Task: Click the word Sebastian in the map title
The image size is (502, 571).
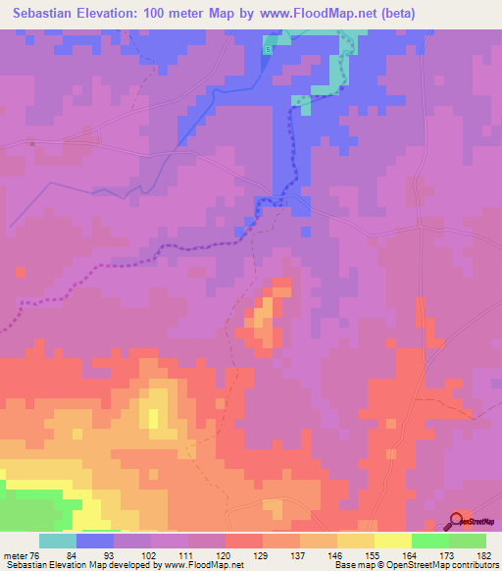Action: point(47,14)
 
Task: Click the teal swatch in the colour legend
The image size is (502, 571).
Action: point(57,542)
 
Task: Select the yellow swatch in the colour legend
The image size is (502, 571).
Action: point(392,542)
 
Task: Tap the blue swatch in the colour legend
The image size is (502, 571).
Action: point(94,542)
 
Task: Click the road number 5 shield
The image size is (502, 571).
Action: point(267,49)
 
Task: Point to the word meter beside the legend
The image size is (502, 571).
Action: point(16,529)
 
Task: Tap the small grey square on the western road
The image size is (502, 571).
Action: point(31,143)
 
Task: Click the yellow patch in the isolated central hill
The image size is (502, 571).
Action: point(264,315)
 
